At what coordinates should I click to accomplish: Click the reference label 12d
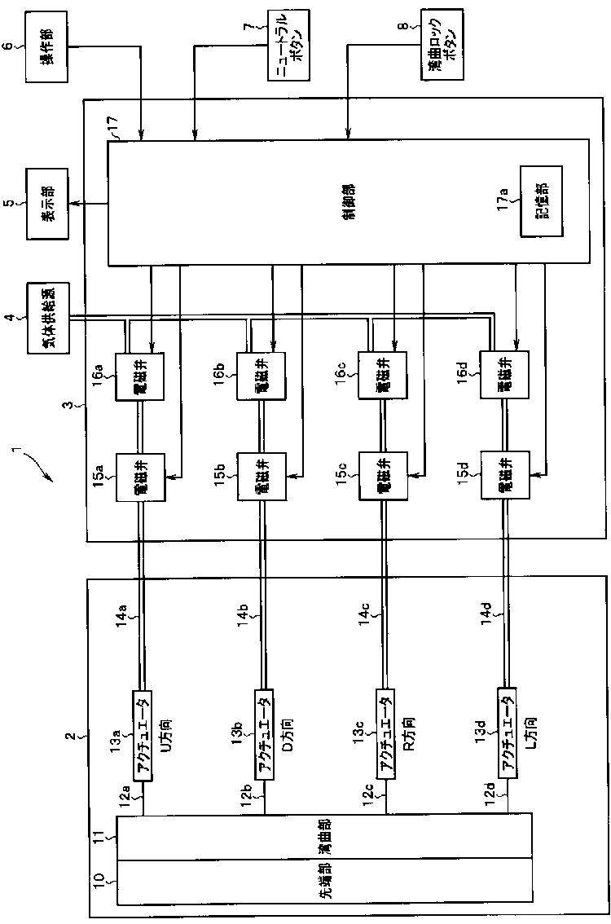click(x=490, y=790)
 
